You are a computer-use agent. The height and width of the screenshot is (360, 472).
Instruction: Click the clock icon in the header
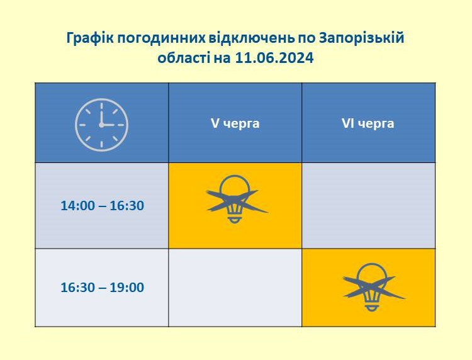click(x=101, y=125)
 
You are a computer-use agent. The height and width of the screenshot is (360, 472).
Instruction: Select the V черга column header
click(x=235, y=123)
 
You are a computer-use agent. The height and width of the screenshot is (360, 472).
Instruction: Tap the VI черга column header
click(x=368, y=123)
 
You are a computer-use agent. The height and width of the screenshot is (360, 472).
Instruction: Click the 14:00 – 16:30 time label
click(x=103, y=206)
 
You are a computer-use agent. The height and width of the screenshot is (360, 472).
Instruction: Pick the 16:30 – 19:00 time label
click(x=103, y=287)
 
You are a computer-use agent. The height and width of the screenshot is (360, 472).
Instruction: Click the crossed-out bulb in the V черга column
click(x=235, y=200)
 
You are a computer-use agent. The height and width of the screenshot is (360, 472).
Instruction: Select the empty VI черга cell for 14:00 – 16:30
click(x=368, y=206)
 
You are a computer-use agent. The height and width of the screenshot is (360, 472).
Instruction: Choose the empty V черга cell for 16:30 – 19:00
click(x=235, y=288)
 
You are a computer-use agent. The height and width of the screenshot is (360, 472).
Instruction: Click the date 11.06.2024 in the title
click(x=274, y=58)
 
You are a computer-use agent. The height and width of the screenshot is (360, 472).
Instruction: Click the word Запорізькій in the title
click(x=361, y=38)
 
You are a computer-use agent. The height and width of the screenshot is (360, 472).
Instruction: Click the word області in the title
click(x=184, y=57)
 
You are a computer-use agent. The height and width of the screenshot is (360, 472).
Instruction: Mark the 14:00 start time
click(x=77, y=206)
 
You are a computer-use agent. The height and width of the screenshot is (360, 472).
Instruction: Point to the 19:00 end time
click(x=126, y=287)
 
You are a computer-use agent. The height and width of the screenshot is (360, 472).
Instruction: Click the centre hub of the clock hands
click(x=101, y=125)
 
